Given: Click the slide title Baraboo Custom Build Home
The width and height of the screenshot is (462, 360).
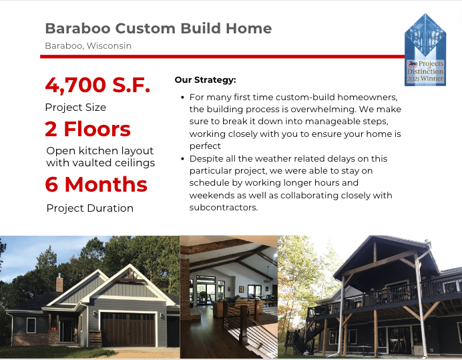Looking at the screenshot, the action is (158, 29).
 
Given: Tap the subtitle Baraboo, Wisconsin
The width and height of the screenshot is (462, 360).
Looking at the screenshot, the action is (88, 46).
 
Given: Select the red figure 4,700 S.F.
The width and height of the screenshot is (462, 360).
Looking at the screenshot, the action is (98, 85).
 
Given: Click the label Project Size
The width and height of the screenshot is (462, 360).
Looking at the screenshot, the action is (75, 108).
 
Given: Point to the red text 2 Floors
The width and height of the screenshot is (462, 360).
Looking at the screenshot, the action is (88, 129).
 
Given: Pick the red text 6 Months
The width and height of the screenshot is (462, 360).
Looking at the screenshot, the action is (96, 184).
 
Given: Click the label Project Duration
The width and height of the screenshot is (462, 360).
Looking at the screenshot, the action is (90, 208).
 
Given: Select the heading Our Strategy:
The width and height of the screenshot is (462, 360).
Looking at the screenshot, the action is (206, 80).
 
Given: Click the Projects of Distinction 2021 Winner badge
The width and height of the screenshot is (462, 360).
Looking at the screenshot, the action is (425, 50).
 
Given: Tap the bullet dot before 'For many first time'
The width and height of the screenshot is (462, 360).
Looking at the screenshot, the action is (183, 98).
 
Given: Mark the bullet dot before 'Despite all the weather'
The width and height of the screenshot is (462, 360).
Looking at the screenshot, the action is (183, 158).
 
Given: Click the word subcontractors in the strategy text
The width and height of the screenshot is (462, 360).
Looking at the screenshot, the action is (224, 208).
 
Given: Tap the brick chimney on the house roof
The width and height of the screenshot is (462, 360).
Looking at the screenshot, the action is (59, 283).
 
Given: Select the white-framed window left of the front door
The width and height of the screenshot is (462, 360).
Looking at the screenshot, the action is (31, 325).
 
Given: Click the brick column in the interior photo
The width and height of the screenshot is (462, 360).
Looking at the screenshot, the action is (185, 289).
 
